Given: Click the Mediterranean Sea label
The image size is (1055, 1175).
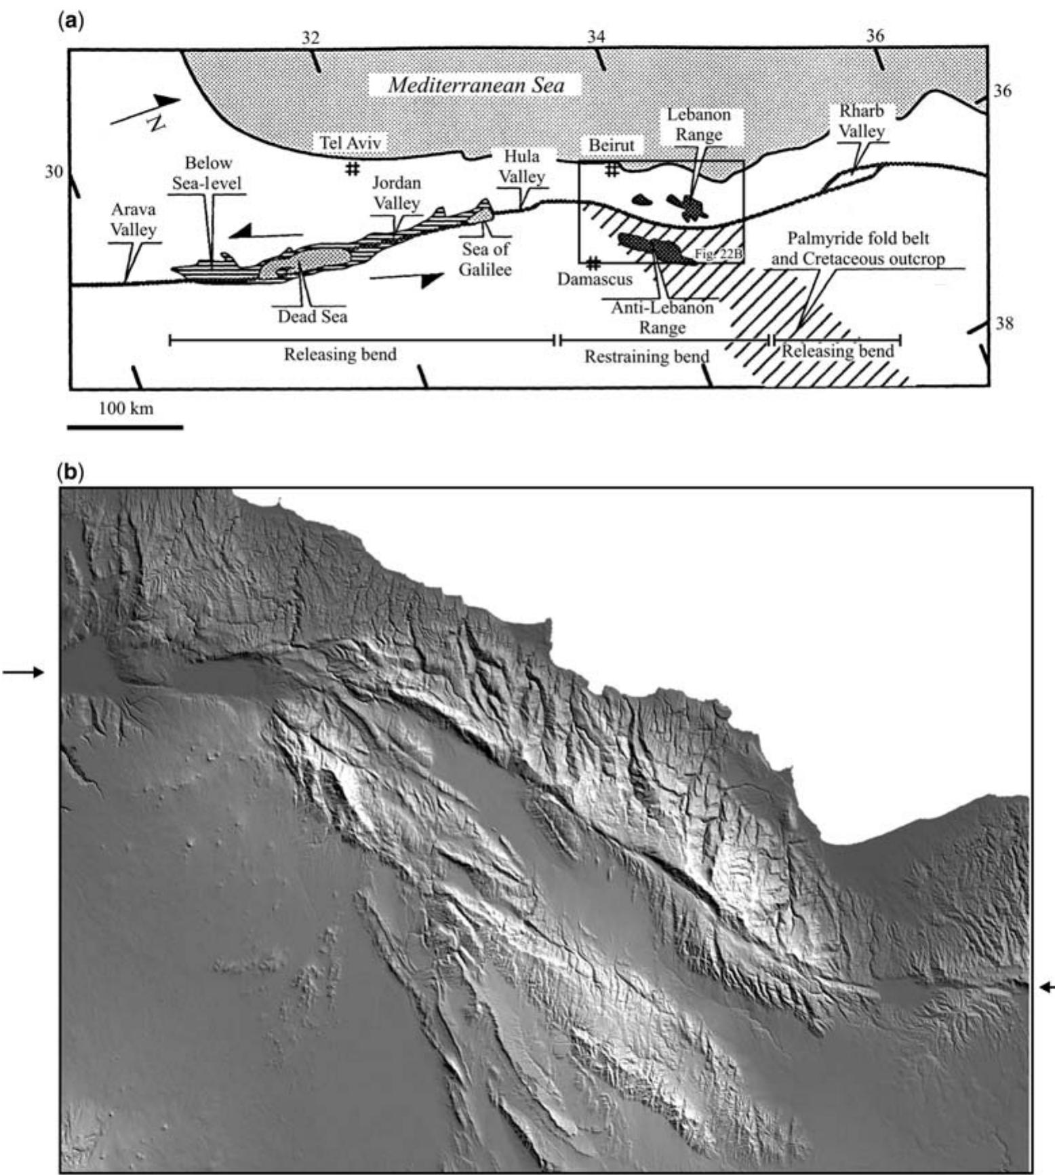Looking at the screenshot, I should (476, 85).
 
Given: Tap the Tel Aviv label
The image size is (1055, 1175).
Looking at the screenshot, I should (351, 143).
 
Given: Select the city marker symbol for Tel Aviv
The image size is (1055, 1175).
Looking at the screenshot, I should (352, 168).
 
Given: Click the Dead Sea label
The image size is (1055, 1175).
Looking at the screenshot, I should (313, 316).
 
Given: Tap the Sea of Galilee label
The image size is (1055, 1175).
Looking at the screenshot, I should (485, 258).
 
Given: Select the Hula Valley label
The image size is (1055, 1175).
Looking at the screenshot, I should (522, 166).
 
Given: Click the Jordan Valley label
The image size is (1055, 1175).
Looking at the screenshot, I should (397, 193).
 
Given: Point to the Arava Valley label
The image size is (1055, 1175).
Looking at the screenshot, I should (134, 220).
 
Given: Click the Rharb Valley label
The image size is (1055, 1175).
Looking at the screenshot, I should (862, 121).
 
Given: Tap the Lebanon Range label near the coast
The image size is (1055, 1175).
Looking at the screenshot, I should (698, 125).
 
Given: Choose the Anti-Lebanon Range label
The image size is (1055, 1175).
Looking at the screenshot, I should (662, 317).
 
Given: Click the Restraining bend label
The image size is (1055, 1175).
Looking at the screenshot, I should (647, 356).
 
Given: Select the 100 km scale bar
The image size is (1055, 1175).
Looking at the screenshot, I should (125, 427).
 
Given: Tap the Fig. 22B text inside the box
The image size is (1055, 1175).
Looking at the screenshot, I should (719, 254).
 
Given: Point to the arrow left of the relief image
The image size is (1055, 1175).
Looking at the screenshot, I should (23, 672).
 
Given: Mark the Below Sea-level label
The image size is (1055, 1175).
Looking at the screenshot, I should (209, 173).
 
